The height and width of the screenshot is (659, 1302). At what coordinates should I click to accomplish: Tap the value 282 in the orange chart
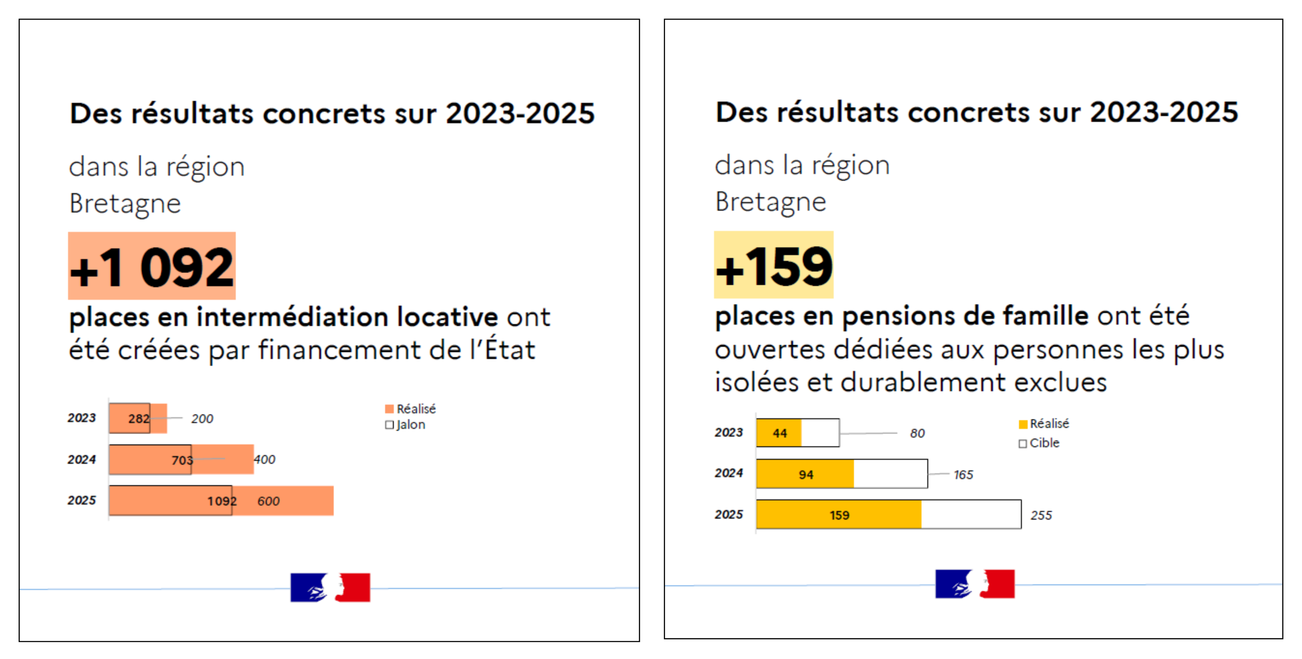coord(139,418)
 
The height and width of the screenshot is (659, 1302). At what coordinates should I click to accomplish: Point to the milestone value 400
coord(264,459)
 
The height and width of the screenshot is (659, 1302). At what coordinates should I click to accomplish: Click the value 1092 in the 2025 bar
coord(222,501)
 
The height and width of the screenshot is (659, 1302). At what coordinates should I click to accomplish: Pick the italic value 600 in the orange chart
coord(268,501)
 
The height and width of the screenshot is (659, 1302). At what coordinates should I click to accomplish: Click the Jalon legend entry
coord(405,424)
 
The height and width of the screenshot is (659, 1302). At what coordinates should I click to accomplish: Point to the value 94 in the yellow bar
coord(806,475)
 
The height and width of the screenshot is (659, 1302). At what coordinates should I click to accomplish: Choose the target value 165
coord(963,475)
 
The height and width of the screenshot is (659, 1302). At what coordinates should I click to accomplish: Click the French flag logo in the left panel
coord(330,587)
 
